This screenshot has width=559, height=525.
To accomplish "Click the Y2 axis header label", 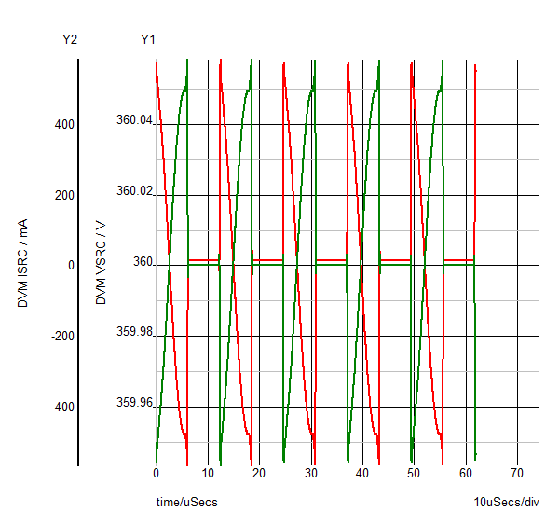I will point(69,39).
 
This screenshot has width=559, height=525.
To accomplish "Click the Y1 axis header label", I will point(148,39).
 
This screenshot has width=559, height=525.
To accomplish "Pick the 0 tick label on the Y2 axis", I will point(71,265).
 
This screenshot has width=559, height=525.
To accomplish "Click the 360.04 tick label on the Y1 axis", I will point(134,120).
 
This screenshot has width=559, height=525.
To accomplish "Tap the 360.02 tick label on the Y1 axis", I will point(134,191).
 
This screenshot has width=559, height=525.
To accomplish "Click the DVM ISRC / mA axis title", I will point(23,264).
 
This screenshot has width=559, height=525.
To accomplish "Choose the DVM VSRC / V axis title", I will point(102,264).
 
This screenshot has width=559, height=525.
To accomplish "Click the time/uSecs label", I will point(186,503).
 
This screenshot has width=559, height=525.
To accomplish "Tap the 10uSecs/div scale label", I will point(506,503).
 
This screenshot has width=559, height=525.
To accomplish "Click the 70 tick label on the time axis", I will point(518,474).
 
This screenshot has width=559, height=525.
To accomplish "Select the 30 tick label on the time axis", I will point(311,474).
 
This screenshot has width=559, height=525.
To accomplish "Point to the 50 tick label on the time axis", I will point(415,474).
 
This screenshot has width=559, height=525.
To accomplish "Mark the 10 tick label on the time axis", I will point(208,474).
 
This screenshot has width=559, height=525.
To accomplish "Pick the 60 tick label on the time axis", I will point(466,474).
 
